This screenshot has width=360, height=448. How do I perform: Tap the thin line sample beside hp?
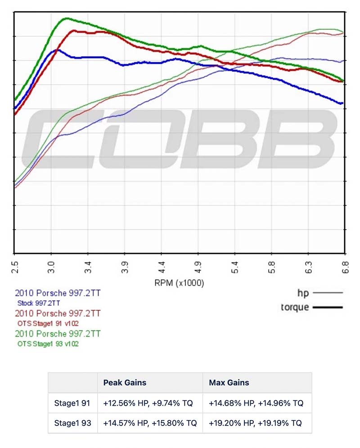[x=327, y=293]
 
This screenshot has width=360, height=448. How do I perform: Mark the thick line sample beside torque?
[x=327, y=308]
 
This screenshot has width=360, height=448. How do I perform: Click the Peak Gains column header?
[x=125, y=383]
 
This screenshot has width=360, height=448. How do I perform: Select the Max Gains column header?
[x=229, y=383]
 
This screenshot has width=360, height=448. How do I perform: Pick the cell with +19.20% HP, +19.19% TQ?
[x=256, y=423]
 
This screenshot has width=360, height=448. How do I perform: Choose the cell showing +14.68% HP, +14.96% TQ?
[x=256, y=403]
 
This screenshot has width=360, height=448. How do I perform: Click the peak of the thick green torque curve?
[x=67, y=18]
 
